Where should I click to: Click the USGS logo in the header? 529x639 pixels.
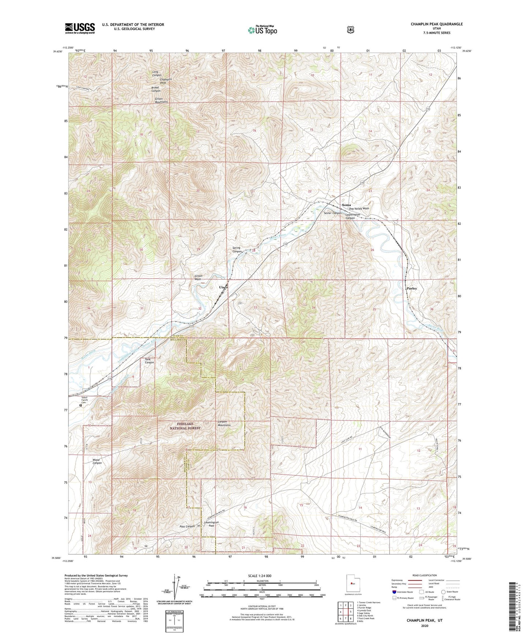point(80,28)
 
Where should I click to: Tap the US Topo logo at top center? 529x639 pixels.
point(262,30)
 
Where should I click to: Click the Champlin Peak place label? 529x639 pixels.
point(165,81)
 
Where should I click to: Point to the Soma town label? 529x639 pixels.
point(346,205)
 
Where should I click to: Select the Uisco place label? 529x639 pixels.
point(223,287)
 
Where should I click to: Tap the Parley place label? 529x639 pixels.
point(412,288)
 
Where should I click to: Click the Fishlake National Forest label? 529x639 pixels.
point(186,426)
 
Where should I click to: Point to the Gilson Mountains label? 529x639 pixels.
point(161,100)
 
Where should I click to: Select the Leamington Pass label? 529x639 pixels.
point(211,524)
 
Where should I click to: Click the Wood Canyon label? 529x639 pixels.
point(97,461)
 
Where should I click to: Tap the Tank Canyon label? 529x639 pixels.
point(149,361)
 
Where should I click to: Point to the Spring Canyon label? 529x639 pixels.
point(237,250)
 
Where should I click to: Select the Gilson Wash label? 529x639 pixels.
point(198,277)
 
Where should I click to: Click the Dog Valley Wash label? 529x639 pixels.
point(359,209)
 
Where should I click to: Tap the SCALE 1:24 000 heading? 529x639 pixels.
point(260,576)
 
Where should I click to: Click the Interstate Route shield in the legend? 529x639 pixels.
point(394,592)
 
